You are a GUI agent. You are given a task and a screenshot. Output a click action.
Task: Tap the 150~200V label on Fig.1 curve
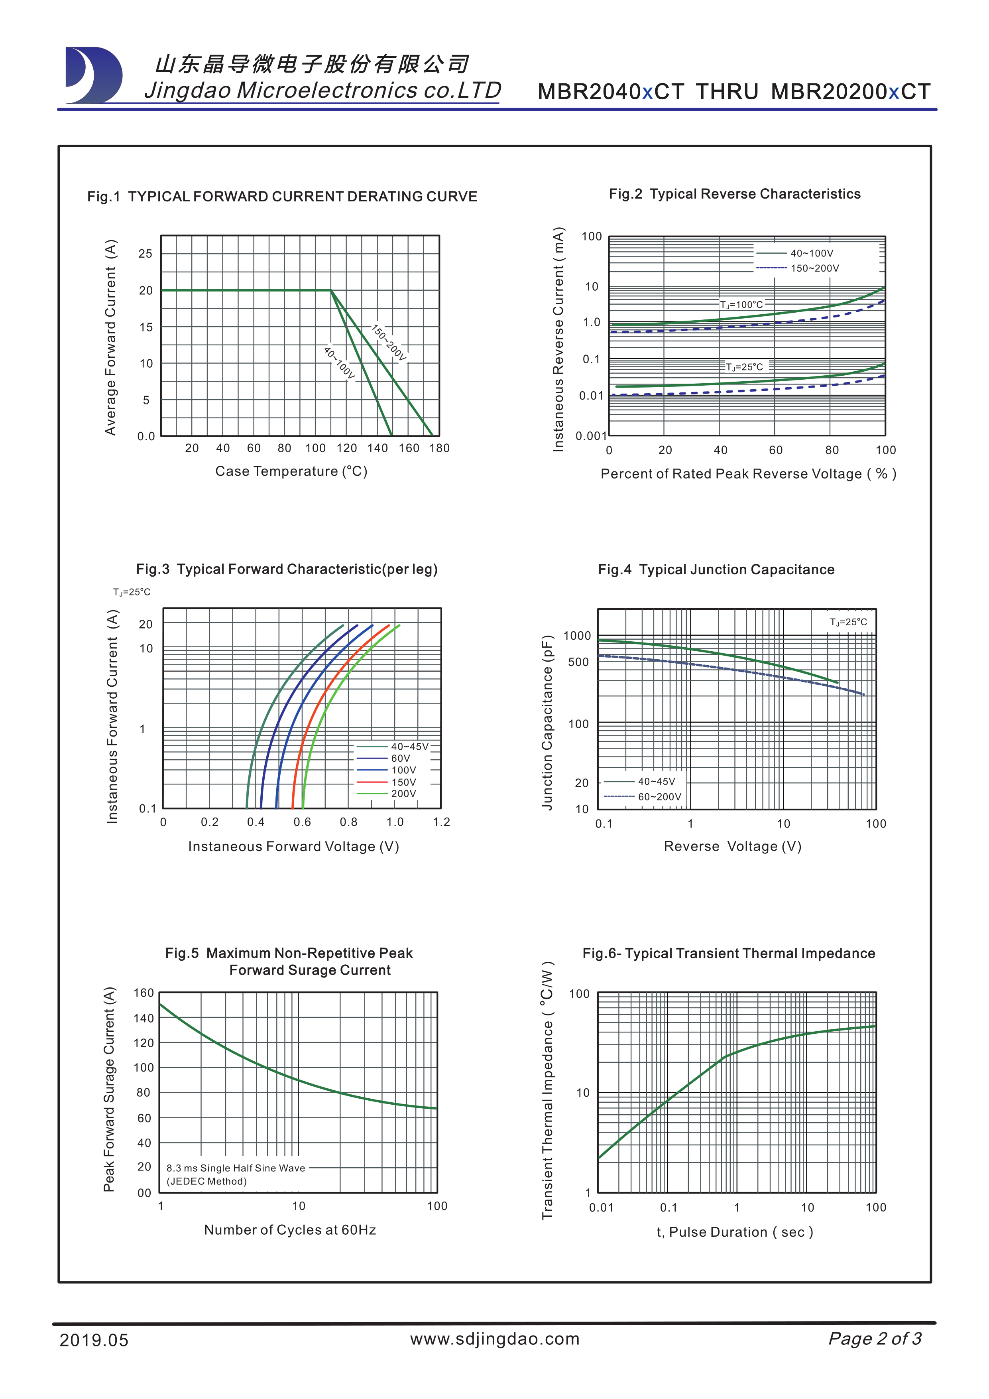(389, 343)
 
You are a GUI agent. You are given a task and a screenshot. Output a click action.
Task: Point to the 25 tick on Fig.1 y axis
(145, 254)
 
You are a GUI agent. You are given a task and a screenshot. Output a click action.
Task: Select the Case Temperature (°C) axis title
(291, 471)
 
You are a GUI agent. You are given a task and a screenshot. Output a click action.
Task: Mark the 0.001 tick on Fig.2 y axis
(591, 435)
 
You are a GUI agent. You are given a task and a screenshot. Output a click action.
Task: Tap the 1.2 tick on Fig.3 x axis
(442, 822)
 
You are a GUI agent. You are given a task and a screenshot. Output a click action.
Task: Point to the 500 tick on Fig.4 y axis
(578, 662)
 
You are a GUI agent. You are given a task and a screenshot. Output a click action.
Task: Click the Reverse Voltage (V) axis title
(732, 846)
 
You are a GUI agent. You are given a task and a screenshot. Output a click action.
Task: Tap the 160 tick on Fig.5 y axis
(144, 993)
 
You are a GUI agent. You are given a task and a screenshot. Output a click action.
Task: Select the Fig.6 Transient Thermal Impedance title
(728, 954)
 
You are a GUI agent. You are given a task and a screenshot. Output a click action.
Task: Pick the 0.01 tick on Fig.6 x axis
(601, 1208)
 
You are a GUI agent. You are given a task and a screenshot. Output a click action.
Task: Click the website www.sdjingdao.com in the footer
(494, 1339)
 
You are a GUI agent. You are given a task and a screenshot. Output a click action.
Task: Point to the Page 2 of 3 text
(875, 1339)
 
